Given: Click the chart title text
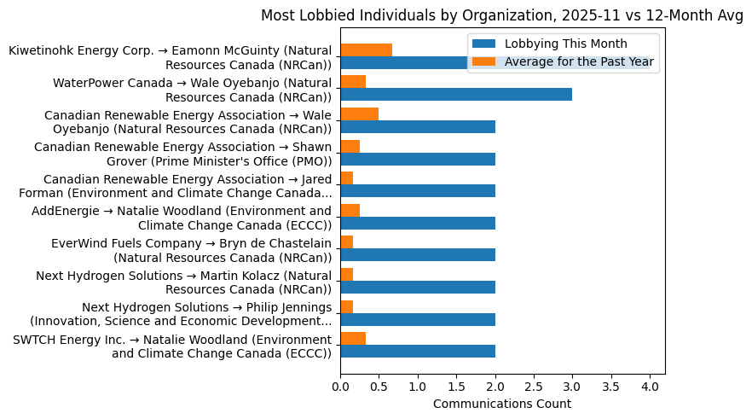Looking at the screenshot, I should (x=501, y=15).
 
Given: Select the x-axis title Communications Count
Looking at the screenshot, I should (x=501, y=404).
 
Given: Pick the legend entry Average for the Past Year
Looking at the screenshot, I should (x=579, y=61).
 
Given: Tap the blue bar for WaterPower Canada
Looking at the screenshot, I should (x=456, y=95).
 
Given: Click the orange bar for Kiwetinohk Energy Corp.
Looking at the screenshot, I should (x=366, y=49).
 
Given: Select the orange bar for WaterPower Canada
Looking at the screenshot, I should (x=353, y=82).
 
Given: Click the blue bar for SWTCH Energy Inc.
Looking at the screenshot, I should (x=418, y=352).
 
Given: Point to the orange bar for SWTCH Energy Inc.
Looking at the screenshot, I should (x=353, y=339).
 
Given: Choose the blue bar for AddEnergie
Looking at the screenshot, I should (x=418, y=224).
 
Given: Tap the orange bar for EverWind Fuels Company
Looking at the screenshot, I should (x=347, y=242).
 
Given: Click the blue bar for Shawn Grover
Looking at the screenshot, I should (x=418, y=159).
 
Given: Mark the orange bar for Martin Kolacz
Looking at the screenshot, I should (x=347, y=275).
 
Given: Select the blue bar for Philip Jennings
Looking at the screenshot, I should (x=418, y=319).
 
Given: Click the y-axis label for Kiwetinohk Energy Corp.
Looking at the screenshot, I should (x=170, y=57).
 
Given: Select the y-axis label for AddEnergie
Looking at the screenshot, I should (x=182, y=218).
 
